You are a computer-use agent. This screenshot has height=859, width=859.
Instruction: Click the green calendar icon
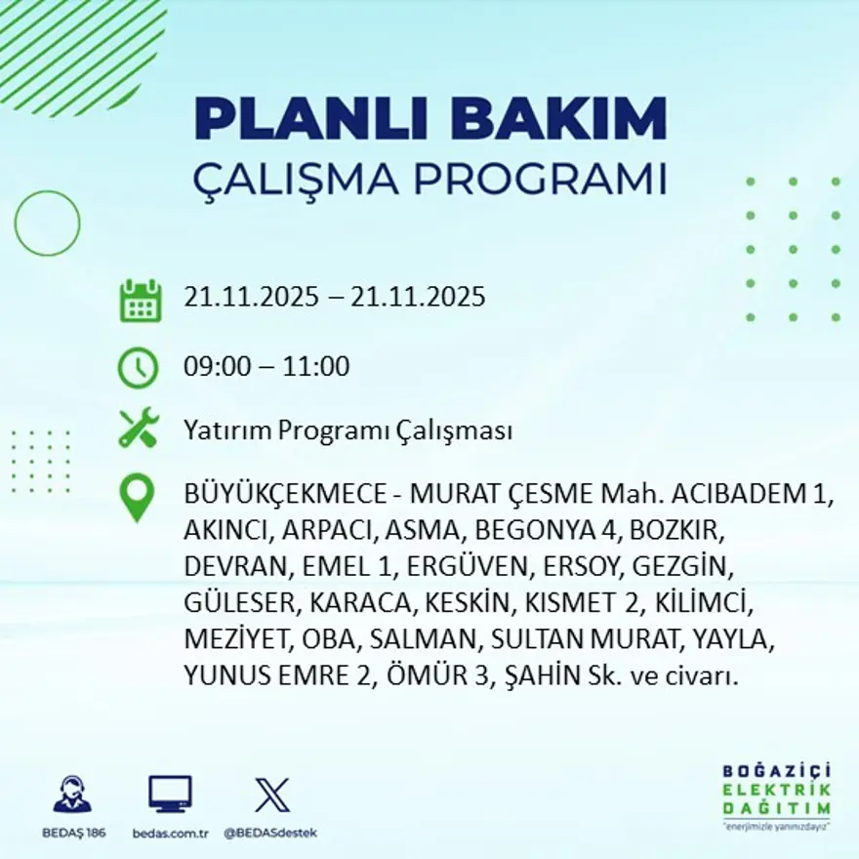pos(140,301)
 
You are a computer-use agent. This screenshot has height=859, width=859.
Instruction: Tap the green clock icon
pos(138,368)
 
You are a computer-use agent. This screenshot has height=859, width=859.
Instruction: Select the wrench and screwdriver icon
pos(138,429)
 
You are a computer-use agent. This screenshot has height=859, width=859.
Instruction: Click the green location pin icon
pos(137,498)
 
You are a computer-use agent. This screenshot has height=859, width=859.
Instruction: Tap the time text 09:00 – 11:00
pos(266,368)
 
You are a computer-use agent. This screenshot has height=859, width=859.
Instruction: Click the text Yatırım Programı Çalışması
pos(348,430)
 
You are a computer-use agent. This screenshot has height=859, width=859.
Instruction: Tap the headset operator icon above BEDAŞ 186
pos(72,795)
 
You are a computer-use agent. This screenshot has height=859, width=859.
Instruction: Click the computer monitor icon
pos(170,795)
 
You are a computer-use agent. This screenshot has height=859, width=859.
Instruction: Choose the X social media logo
pos(271,795)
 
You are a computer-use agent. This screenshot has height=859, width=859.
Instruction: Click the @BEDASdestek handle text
pos(270,833)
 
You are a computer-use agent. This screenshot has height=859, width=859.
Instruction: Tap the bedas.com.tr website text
pos(171,833)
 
